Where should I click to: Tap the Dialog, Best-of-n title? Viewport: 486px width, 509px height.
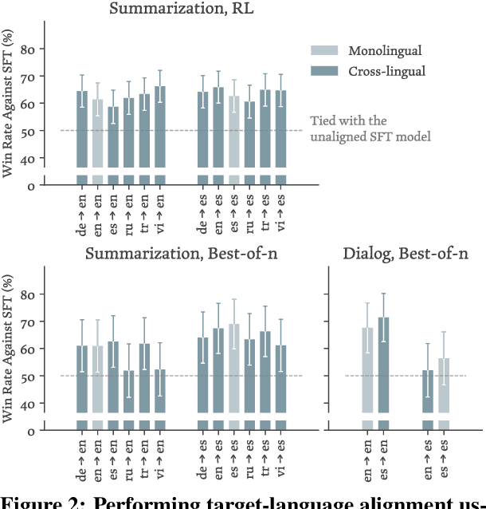(406, 254)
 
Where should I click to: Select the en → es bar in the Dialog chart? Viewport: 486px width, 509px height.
(428, 392)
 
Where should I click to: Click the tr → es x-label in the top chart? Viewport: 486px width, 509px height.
(265, 215)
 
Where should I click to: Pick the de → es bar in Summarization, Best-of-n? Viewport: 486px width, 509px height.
(203, 375)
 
